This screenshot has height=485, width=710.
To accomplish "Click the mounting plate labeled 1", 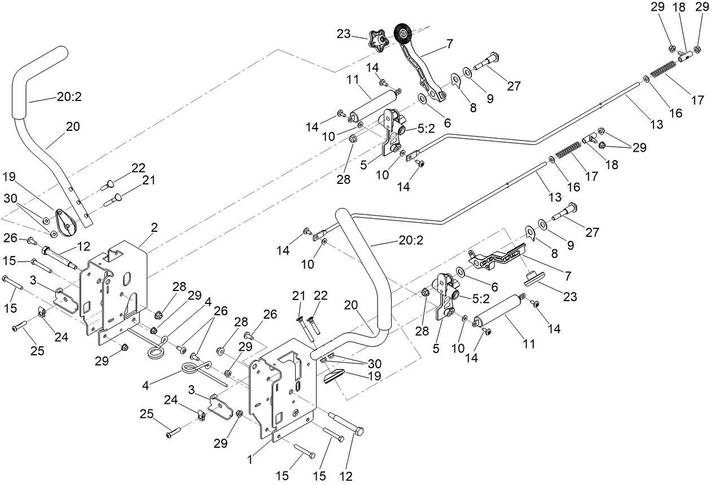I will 285,389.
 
